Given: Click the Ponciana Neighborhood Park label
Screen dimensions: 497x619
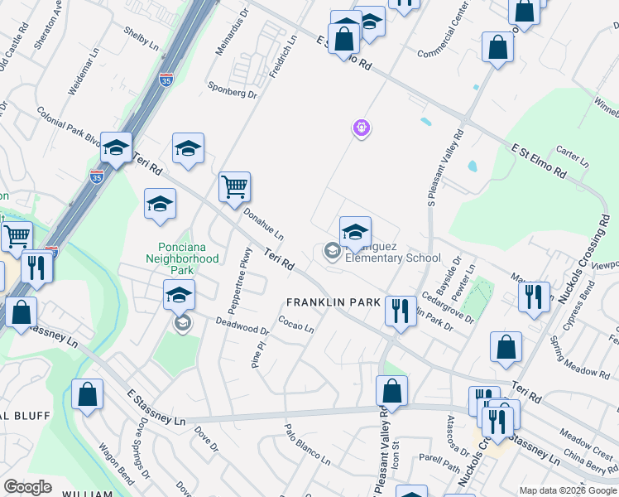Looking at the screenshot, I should pyautogui.click(x=189, y=258).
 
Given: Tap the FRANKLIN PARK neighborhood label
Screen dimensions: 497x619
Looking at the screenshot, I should pyautogui.click(x=332, y=302).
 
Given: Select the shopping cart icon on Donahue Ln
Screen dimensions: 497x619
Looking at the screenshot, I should pyautogui.click(x=235, y=187).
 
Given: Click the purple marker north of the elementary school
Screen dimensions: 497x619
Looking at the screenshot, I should pyautogui.click(x=361, y=128).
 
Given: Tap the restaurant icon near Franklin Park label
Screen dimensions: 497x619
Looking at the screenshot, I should pyautogui.click(x=400, y=311).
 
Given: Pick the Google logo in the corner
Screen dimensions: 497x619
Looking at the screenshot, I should pyautogui.click(x=27, y=486).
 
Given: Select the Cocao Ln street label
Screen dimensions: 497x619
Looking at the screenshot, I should pyautogui.click(x=295, y=325).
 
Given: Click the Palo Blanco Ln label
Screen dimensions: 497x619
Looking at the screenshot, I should pyautogui.click(x=307, y=445).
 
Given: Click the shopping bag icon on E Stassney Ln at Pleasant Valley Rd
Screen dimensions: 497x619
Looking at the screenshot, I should pyautogui.click(x=392, y=391).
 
